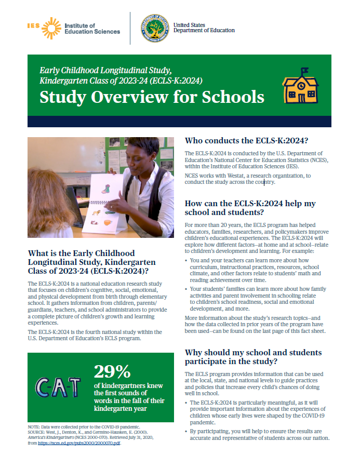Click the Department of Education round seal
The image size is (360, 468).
pos(154,28)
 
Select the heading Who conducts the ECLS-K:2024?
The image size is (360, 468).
pos(246,140)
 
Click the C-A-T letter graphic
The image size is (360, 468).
pos(58,385)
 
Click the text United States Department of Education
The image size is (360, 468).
pos(204,28)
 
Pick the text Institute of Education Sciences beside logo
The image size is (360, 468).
pos(92,28)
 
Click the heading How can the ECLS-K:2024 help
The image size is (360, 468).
pos(250,208)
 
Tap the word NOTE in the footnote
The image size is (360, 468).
pos(34,426)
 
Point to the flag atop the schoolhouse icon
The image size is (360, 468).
pos(304,71)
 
